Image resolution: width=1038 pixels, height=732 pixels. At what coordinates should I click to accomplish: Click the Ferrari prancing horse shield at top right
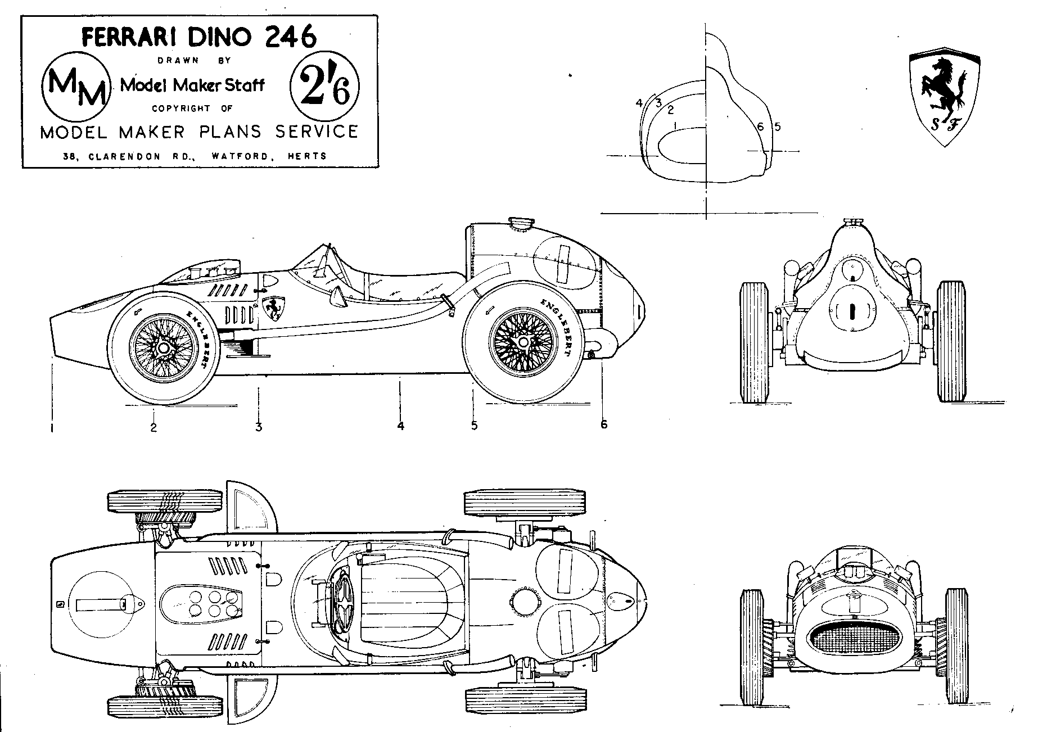point(945,96)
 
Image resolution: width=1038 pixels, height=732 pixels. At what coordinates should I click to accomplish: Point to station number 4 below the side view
point(400,426)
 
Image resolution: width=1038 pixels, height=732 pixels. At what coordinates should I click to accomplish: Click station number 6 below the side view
point(604,424)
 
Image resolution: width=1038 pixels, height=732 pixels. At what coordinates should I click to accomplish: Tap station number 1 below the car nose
point(52,428)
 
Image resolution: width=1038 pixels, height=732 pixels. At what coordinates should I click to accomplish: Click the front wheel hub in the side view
point(163,349)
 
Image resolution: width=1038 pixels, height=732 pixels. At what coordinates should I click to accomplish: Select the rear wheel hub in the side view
point(523,342)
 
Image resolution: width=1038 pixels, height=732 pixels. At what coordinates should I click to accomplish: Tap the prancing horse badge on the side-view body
point(276,308)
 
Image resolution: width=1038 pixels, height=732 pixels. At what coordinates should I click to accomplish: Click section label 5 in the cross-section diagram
point(778,126)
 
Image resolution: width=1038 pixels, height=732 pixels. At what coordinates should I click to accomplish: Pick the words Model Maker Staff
point(193,85)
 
